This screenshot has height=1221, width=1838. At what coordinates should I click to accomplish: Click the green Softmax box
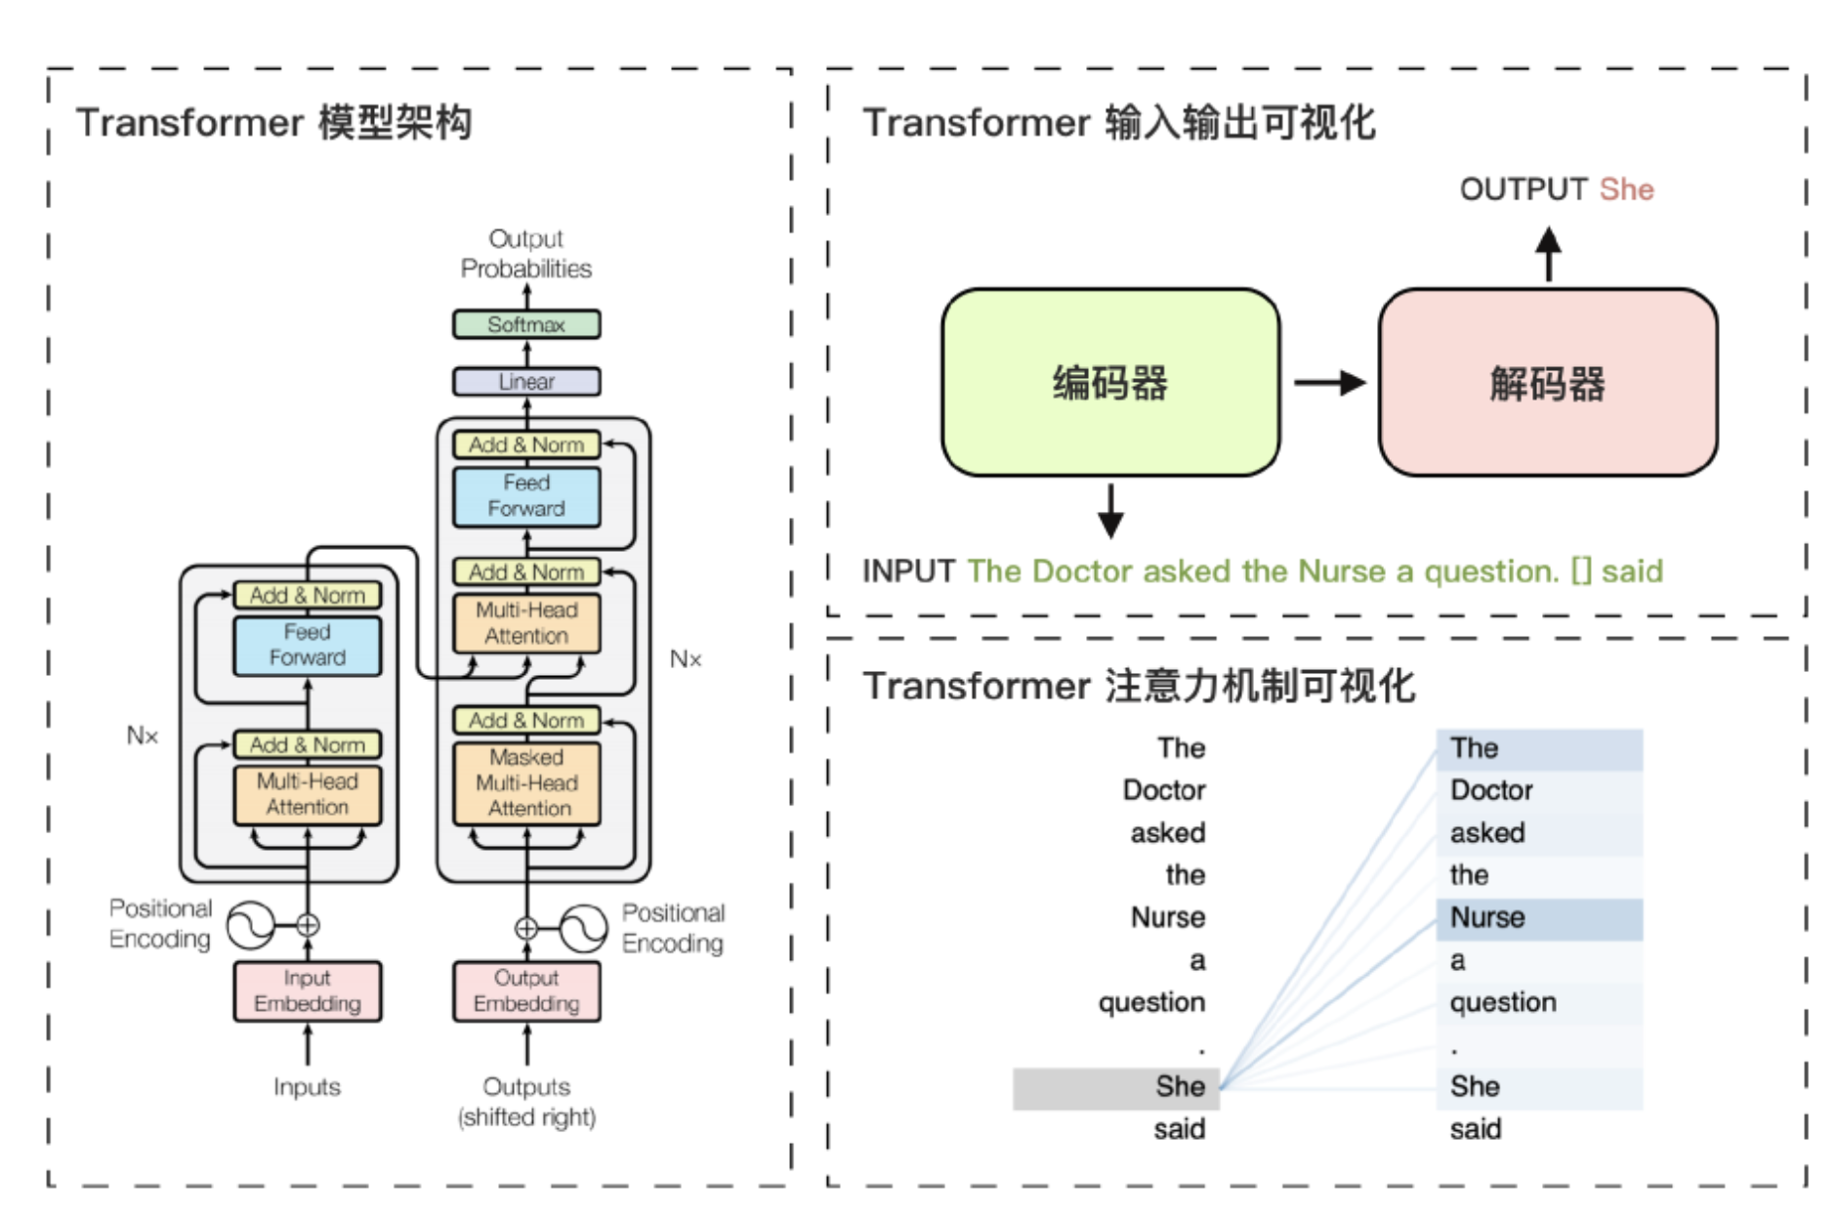pyautogui.click(x=525, y=324)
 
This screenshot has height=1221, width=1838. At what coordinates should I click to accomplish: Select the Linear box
pyautogui.click(x=525, y=381)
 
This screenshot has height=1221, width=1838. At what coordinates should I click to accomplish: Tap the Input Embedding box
pyautogui.click(x=307, y=990)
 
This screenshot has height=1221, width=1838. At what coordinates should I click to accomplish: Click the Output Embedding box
pyautogui.click(x=525, y=990)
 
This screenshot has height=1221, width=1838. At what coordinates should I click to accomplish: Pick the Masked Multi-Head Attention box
pyautogui.click(x=526, y=782)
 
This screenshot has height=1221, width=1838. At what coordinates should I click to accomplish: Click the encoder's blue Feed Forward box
pyautogui.click(x=307, y=645)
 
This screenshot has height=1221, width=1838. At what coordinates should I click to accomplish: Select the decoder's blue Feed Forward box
pyautogui.click(x=525, y=496)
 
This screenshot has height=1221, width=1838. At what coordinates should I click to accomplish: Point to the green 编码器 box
pyautogui.click(x=1109, y=382)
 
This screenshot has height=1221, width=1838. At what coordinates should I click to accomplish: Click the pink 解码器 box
pyautogui.click(x=1547, y=382)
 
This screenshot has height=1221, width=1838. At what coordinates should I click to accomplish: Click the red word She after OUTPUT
pyautogui.click(x=1626, y=189)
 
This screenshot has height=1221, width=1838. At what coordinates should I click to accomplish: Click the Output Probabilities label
pyautogui.click(x=525, y=254)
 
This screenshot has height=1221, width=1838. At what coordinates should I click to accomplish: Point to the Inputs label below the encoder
pyautogui.click(x=307, y=1087)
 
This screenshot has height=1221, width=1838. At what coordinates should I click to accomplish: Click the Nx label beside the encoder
pyautogui.click(x=143, y=736)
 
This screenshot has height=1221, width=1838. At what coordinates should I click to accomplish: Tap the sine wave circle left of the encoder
pyautogui.click(x=250, y=924)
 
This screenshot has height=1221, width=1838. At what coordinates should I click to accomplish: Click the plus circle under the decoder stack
pyautogui.click(x=525, y=928)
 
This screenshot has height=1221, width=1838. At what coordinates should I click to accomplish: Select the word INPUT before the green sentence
pyautogui.click(x=908, y=571)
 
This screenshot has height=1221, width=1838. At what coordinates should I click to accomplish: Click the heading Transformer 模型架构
pyautogui.click(x=274, y=123)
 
